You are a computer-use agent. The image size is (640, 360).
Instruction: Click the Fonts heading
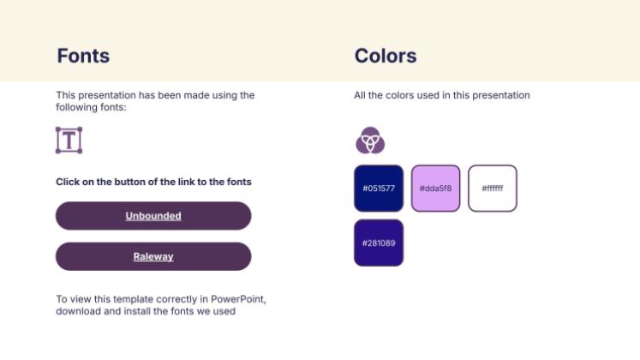[83, 56]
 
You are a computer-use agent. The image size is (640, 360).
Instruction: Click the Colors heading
[386, 56]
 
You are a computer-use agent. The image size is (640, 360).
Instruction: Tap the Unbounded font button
[153, 216]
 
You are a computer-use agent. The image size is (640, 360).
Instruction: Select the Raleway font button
[153, 256]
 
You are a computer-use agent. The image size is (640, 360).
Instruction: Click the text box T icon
[69, 140]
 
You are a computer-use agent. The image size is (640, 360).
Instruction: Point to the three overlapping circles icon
[370, 141]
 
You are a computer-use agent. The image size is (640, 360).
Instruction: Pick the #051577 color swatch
[379, 189]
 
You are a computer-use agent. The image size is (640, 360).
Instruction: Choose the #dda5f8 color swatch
[435, 189]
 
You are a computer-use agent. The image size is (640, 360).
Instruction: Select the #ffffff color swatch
[493, 189]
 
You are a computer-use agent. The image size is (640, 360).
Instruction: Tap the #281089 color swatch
[379, 243]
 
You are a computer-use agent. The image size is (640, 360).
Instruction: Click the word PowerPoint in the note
[238, 299]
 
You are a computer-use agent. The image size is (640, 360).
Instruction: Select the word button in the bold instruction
[131, 182]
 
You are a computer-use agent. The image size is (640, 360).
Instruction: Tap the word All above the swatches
[360, 95]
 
